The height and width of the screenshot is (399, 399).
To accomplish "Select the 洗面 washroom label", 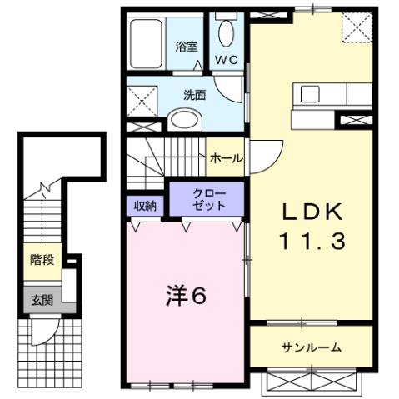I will [194, 95].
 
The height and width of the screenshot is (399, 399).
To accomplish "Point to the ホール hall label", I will [227, 158].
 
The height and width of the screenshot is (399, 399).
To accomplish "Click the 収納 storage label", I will [145, 205].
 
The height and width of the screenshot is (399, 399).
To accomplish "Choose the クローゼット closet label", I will [207, 200].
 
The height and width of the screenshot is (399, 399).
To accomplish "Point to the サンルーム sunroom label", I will [310, 347].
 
